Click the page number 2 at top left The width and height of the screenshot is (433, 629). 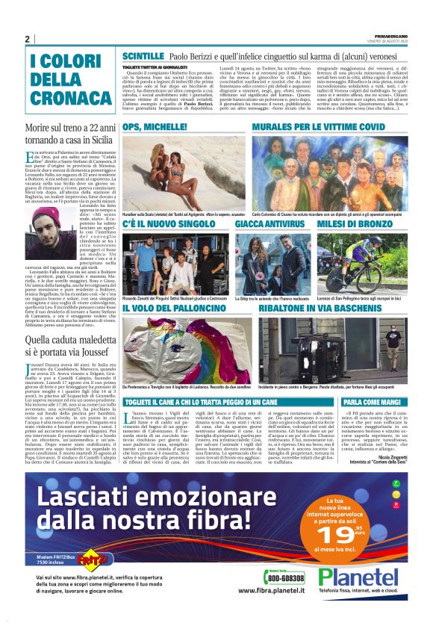coord(26,39)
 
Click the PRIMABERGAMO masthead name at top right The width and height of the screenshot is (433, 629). coord(390,36)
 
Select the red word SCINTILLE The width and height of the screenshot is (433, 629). coord(142,56)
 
